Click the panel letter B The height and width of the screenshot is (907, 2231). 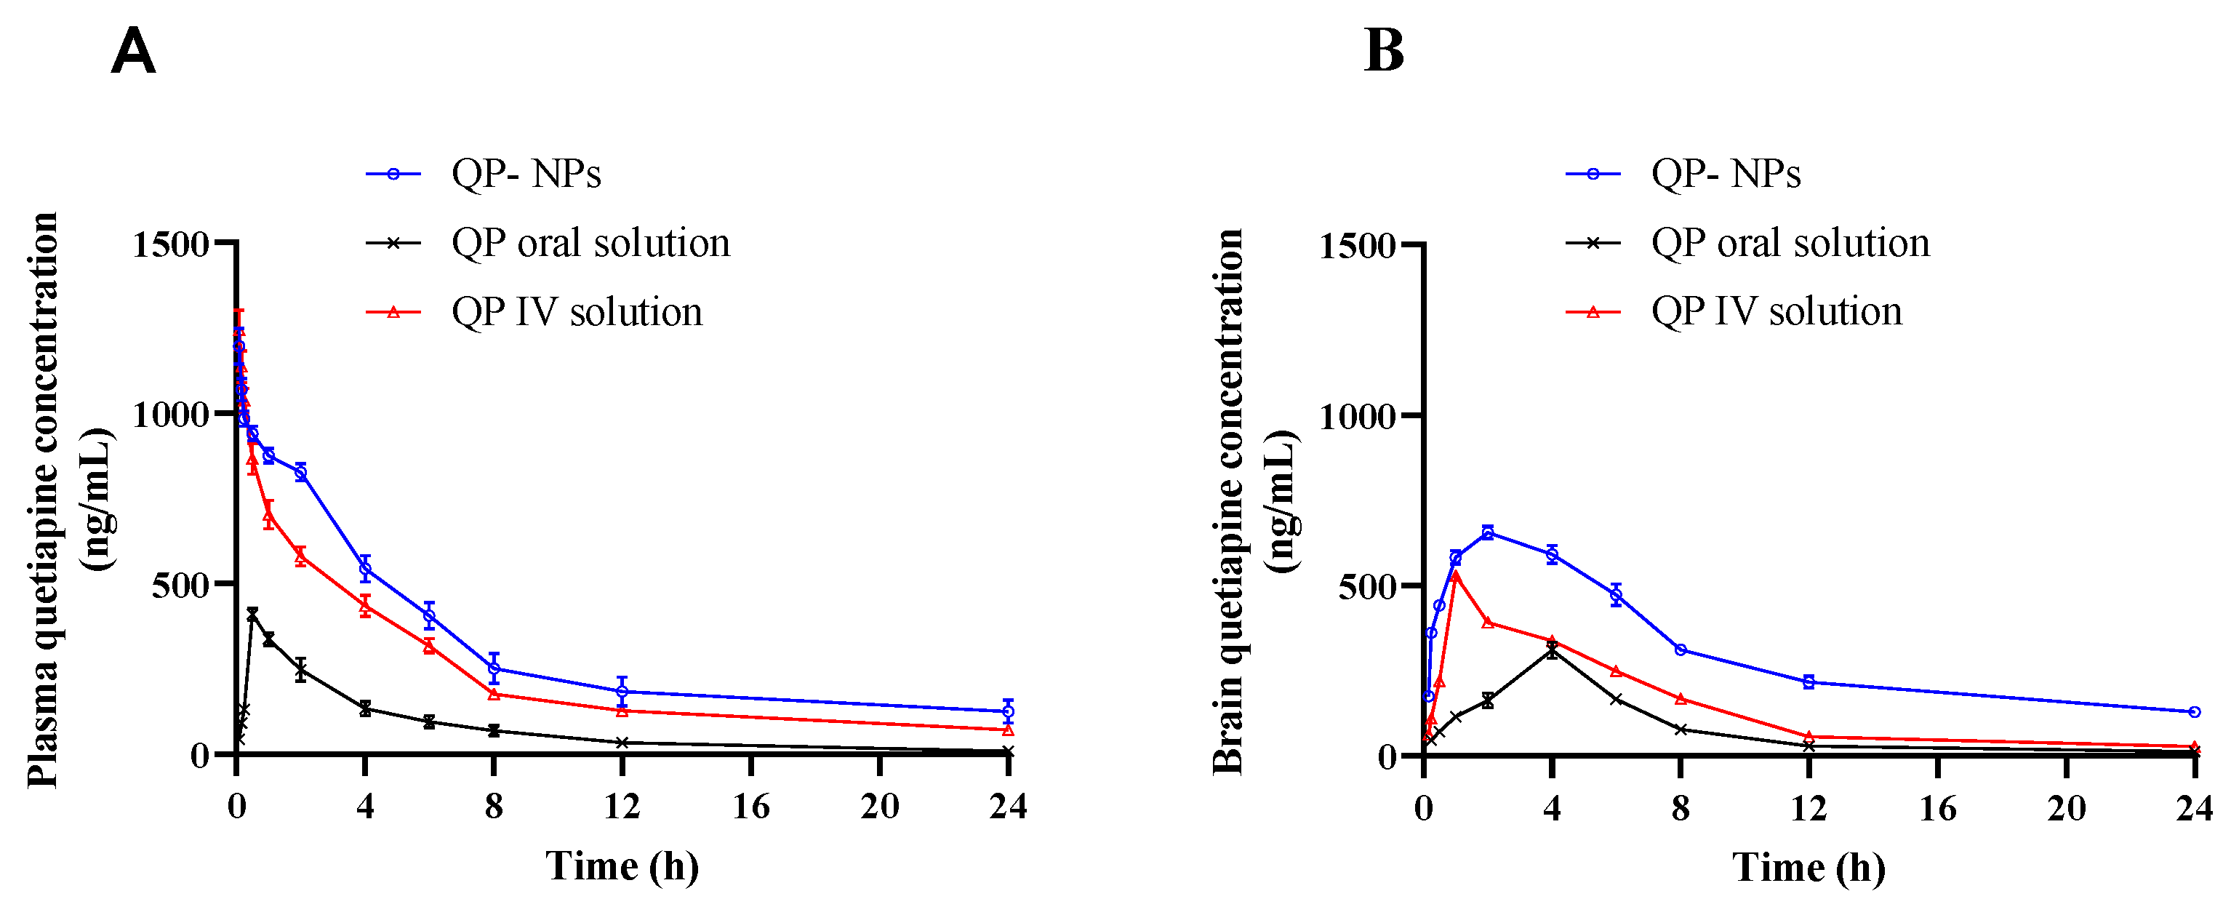coord(1383,51)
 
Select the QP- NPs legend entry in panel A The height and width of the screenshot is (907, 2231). coord(526,174)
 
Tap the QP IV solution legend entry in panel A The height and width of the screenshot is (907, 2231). coord(576,312)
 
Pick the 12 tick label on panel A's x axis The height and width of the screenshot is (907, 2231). coord(622,807)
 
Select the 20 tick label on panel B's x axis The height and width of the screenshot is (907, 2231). coord(2066,809)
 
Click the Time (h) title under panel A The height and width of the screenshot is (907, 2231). coord(622,866)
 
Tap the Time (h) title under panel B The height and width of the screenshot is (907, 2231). coord(1809,868)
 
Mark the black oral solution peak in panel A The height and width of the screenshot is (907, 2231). coord(252,614)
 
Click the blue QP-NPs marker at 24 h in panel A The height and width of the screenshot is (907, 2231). coord(1007,712)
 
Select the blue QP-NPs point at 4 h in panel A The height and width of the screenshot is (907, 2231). coord(364,568)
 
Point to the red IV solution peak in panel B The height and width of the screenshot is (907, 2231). coord(1456,575)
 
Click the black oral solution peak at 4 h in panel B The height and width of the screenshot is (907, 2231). coord(1552,650)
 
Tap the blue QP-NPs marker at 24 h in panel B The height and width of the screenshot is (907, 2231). coord(2194,713)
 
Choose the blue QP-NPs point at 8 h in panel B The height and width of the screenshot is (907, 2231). coord(1681,650)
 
